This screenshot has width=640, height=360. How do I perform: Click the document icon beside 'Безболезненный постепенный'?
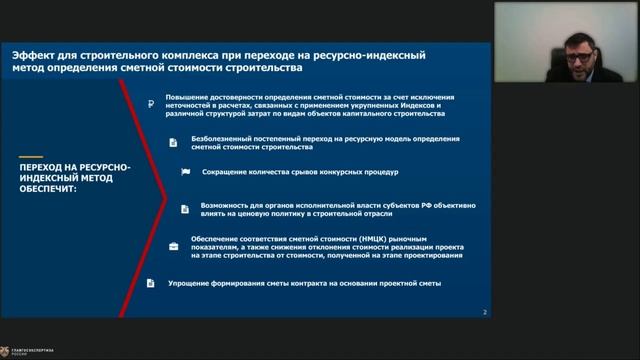pos(171,141)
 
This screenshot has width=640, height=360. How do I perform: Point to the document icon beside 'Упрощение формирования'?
pos(151,284)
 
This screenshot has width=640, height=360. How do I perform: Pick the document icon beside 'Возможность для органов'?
pos(185,208)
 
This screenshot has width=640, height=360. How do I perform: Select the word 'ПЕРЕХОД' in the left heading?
pos(42,163)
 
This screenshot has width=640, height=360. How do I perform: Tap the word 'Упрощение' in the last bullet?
pos(184,284)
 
